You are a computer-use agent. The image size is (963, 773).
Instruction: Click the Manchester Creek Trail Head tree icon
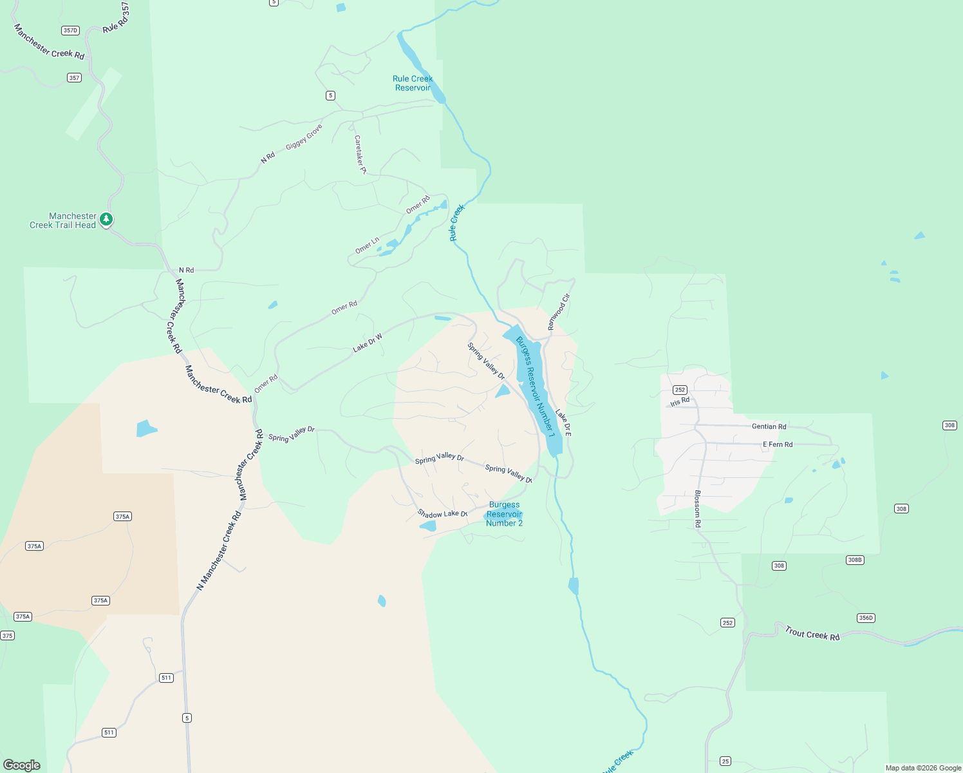tap(107, 220)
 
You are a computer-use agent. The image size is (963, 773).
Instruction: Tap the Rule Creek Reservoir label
tap(413, 83)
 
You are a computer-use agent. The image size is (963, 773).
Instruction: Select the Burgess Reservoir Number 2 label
tap(504, 514)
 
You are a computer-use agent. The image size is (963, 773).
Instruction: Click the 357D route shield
tap(70, 30)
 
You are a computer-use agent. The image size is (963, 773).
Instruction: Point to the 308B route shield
tap(854, 560)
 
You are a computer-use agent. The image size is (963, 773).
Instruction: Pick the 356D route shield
tap(866, 618)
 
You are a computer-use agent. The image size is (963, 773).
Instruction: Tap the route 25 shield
tap(725, 761)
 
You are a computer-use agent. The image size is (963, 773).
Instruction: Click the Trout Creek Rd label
tap(812, 634)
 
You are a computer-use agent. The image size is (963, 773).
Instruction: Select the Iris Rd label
tap(680, 402)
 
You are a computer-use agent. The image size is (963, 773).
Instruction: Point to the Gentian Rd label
tap(769, 426)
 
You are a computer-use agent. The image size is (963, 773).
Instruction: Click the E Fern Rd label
tap(778, 444)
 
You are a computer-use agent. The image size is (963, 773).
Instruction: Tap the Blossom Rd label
tap(697, 509)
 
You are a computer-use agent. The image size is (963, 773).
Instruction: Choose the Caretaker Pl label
tap(360, 154)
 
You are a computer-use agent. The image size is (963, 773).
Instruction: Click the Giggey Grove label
tap(304, 137)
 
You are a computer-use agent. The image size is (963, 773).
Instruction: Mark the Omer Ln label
tap(368, 245)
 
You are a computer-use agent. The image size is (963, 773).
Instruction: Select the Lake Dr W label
tap(368, 343)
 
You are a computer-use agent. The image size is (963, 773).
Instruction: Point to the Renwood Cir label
tap(559, 312)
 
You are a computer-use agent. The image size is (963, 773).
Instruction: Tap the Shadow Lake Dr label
tap(442, 513)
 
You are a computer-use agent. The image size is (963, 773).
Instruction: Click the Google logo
tap(22, 765)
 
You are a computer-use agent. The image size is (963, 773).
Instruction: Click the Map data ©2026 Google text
tap(923, 768)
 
